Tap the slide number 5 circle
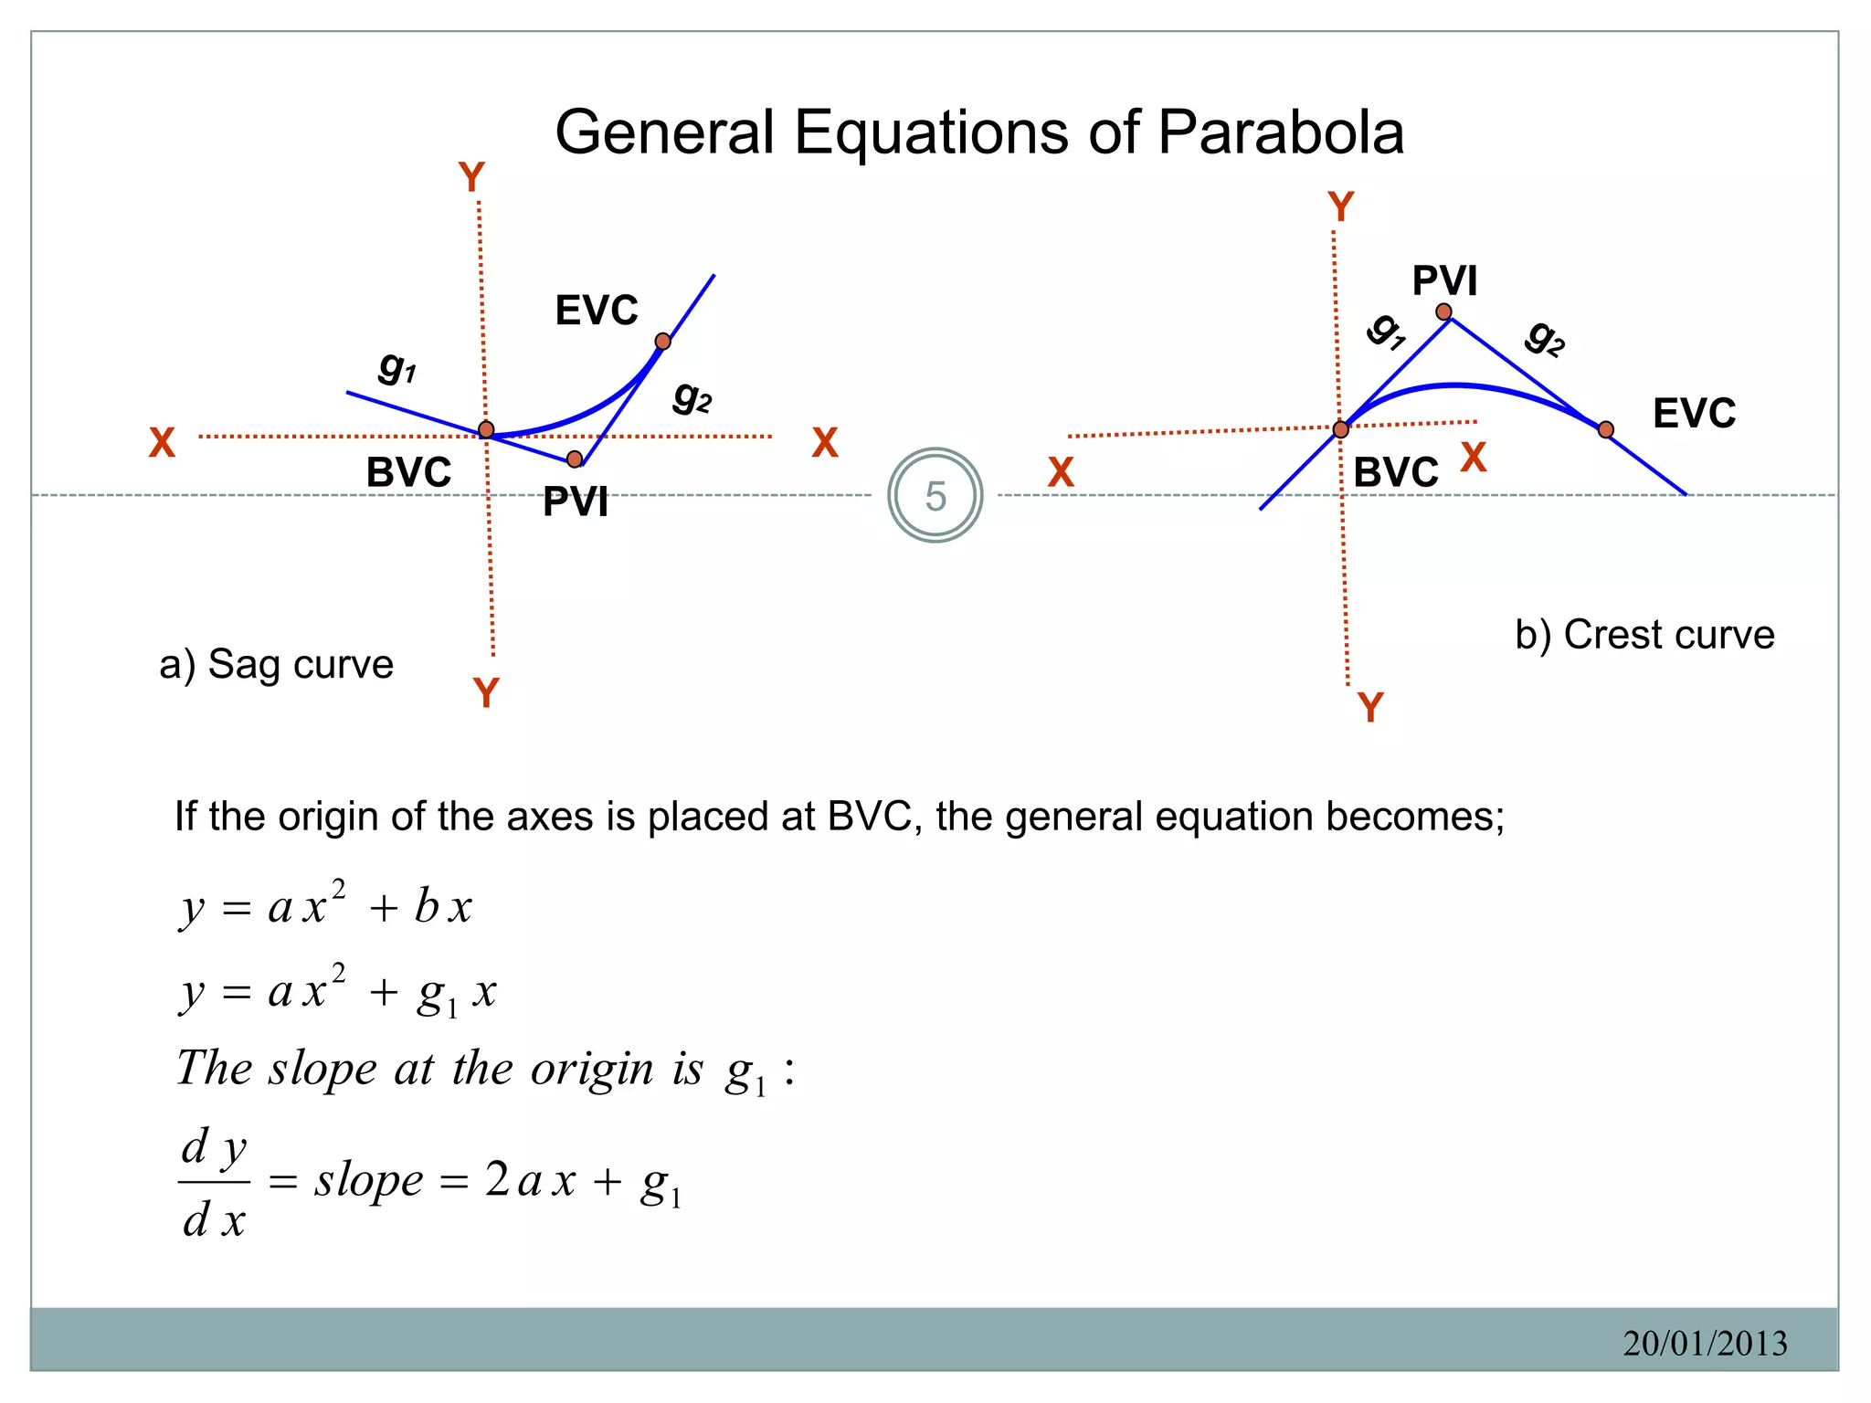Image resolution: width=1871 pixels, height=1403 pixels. [x=935, y=496]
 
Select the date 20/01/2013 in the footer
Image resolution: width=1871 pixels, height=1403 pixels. [x=1705, y=1343]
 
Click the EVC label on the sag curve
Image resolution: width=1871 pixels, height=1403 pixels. [x=597, y=311]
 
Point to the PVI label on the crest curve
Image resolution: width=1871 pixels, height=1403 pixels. [x=1444, y=280]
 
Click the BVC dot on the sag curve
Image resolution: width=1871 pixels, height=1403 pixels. [x=486, y=429]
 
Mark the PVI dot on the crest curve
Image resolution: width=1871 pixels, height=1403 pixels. [x=1443, y=312]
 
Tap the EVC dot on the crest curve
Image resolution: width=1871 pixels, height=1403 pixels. [x=1606, y=429]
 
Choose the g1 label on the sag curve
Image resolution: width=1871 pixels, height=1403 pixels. [x=397, y=367]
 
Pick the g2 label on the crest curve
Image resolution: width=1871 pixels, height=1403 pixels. [x=1545, y=338]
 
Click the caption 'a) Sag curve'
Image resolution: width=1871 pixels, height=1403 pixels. [x=276, y=664]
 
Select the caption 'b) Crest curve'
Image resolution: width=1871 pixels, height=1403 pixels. [x=1644, y=635]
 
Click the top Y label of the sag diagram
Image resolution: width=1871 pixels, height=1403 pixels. [x=471, y=177]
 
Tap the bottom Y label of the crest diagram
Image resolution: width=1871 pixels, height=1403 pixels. [x=1370, y=707]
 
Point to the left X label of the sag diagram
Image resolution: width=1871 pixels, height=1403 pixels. [x=162, y=443]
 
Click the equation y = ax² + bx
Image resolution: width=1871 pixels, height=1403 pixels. [x=326, y=906]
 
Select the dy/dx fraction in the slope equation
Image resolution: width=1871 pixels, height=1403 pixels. [x=214, y=1182]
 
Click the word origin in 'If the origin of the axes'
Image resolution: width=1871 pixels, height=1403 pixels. [x=333, y=816]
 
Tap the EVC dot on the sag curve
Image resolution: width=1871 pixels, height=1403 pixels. [x=663, y=342]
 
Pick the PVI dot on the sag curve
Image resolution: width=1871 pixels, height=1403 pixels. [x=574, y=459]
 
